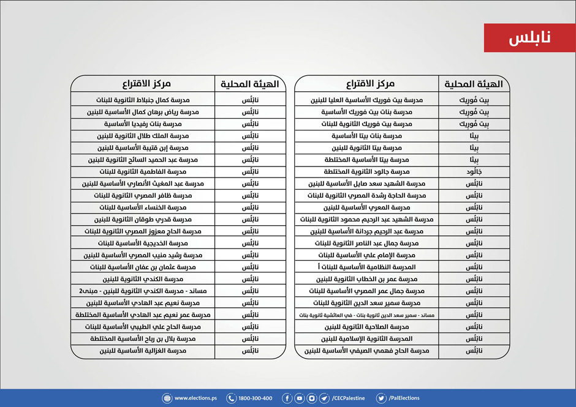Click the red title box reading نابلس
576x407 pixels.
click(x=529, y=38)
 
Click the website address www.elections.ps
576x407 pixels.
click(x=195, y=398)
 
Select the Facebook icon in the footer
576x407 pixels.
click(x=287, y=398)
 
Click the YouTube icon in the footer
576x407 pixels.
click(x=299, y=398)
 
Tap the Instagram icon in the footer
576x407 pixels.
click(x=312, y=398)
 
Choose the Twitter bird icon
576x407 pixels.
click(x=381, y=398)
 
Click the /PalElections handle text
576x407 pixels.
click(x=404, y=398)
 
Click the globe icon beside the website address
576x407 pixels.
click(x=167, y=398)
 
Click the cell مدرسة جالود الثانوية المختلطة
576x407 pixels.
click(x=366, y=172)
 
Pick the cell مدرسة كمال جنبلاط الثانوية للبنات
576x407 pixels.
click(x=143, y=100)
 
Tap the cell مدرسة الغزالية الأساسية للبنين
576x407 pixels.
click(x=143, y=351)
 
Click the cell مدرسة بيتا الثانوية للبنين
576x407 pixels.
click(x=366, y=148)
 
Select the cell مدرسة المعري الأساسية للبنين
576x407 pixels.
click(x=366, y=208)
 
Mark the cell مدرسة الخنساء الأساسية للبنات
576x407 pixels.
click(x=143, y=208)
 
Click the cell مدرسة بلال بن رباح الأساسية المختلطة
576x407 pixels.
click(x=143, y=339)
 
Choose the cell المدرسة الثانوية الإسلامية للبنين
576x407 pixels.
click(x=366, y=339)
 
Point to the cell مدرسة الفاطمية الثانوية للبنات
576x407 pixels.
click(x=143, y=172)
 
